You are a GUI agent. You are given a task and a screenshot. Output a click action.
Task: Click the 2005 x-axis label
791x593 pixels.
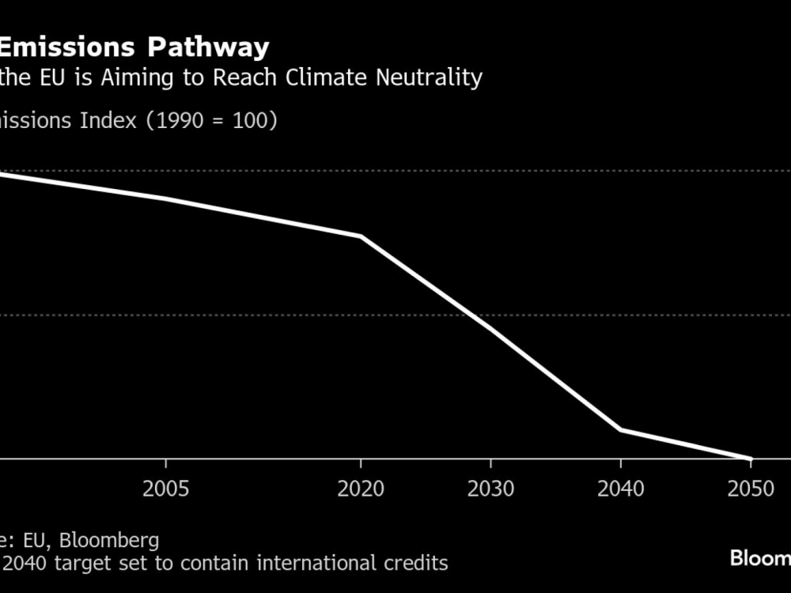[x=165, y=489]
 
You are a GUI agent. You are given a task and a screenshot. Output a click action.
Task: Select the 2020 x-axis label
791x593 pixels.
[x=361, y=489]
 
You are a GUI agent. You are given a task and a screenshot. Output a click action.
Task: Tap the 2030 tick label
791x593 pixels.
[x=490, y=489]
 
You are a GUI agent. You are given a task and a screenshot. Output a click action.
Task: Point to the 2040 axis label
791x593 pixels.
[x=620, y=489]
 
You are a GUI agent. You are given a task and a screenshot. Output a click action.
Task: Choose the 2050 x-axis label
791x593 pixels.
[x=750, y=489]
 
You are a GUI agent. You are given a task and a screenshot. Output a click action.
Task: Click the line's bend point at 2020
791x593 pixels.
[x=361, y=236]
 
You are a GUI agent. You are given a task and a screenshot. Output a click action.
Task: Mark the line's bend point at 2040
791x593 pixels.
[x=620, y=429]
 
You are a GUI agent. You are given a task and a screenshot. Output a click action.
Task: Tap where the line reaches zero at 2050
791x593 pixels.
[x=750, y=458]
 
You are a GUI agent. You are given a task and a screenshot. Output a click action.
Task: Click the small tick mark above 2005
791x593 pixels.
[x=165, y=463]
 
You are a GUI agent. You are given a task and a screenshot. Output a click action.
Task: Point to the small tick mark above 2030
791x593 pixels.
[x=490, y=463]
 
